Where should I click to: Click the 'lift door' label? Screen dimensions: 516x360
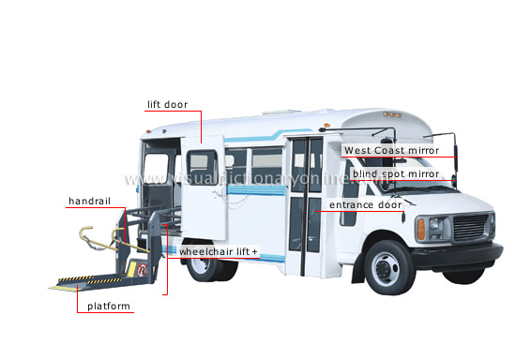167,105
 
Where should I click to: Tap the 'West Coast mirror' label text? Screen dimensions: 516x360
391,151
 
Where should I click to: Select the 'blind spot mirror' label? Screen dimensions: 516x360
396,173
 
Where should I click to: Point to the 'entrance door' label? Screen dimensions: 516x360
366,204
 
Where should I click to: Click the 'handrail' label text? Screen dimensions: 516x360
89,201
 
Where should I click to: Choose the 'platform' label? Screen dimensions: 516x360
109,307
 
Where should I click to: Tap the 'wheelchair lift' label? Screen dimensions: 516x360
214,252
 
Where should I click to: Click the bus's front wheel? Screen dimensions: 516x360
388,267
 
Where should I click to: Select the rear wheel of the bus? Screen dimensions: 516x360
205,265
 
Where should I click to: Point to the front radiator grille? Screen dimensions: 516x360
470,227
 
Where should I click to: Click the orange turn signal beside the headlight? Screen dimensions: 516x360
421,229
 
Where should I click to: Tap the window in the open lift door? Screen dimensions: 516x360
202,167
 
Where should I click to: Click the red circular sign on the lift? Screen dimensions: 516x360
142,270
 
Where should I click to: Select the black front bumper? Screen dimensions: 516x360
458,255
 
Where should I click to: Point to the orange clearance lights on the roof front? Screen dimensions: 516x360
392,114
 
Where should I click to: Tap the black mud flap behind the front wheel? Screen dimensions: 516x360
358,268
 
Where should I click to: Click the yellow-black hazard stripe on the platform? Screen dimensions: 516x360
89,279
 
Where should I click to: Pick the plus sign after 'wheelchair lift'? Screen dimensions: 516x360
254,252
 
